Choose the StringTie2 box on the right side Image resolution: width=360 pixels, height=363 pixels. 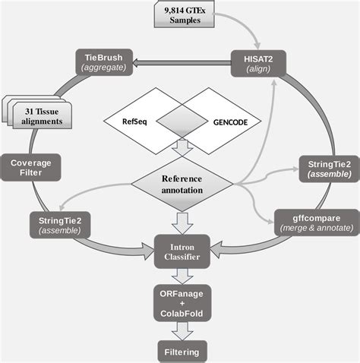coord(324,169)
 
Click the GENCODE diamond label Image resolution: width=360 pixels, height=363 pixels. coord(227,121)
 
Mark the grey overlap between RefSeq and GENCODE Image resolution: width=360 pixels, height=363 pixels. coord(180,121)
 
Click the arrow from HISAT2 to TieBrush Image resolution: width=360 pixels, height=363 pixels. coord(182,64)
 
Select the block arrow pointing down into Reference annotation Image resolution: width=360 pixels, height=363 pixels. coord(180,147)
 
